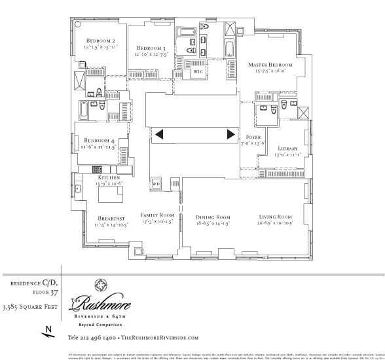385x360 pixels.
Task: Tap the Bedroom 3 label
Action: [151, 48]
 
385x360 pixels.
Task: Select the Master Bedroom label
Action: [270, 65]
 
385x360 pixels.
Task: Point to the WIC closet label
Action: [197, 71]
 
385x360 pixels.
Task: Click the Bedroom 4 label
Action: [99, 139]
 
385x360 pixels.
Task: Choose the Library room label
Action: [287, 149]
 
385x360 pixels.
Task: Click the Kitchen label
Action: [109, 177]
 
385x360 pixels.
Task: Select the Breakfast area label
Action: [111, 219]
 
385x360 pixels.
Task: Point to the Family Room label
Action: [157, 215]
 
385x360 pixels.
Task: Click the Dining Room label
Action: [213, 217]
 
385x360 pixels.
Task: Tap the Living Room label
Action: [275, 217]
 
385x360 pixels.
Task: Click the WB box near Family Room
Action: [156, 184]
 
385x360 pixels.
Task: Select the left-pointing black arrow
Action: [158, 135]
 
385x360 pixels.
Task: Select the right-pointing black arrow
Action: [230, 135]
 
